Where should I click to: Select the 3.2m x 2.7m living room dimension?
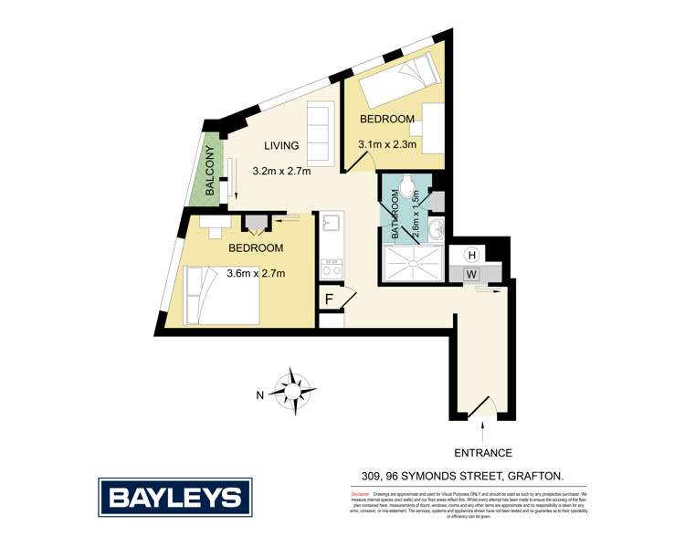281,171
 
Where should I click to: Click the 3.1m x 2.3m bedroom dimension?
387,143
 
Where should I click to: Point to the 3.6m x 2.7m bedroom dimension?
256,273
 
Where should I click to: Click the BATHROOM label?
396,220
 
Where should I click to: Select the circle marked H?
472,255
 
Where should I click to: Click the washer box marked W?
472,274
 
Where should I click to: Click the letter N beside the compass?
260,395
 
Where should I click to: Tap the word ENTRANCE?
482,452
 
